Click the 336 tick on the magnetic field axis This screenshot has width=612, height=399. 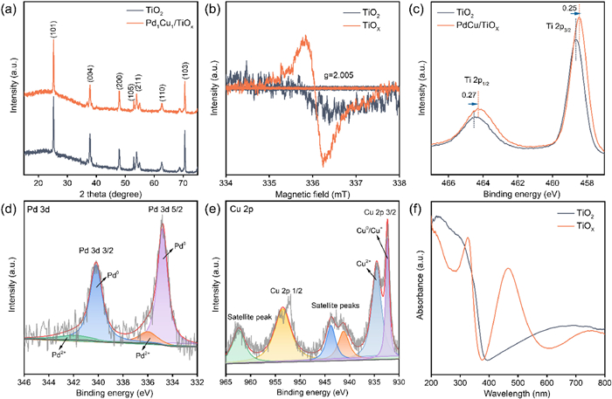(312, 184)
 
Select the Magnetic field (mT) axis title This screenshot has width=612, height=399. (312, 196)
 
